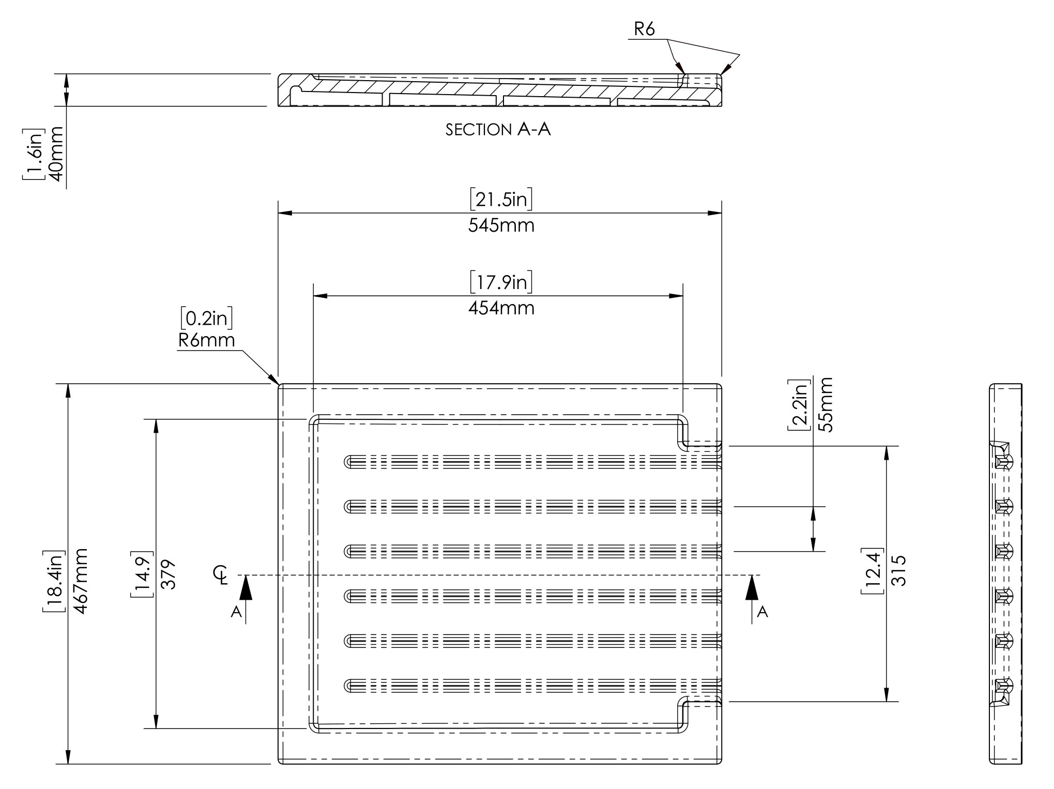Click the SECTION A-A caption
(x=498, y=129)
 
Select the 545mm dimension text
(x=501, y=226)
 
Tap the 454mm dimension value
(x=501, y=309)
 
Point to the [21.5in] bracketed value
(x=501, y=200)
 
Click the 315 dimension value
(x=899, y=570)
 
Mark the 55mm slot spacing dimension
(x=826, y=405)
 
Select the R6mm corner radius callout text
(x=206, y=340)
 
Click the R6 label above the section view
(x=644, y=30)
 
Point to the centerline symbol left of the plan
(x=222, y=574)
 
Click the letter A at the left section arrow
(x=236, y=612)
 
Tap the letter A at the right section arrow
(x=762, y=612)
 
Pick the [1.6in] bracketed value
(x=32, y=154)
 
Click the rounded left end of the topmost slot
(x=348, y=462)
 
